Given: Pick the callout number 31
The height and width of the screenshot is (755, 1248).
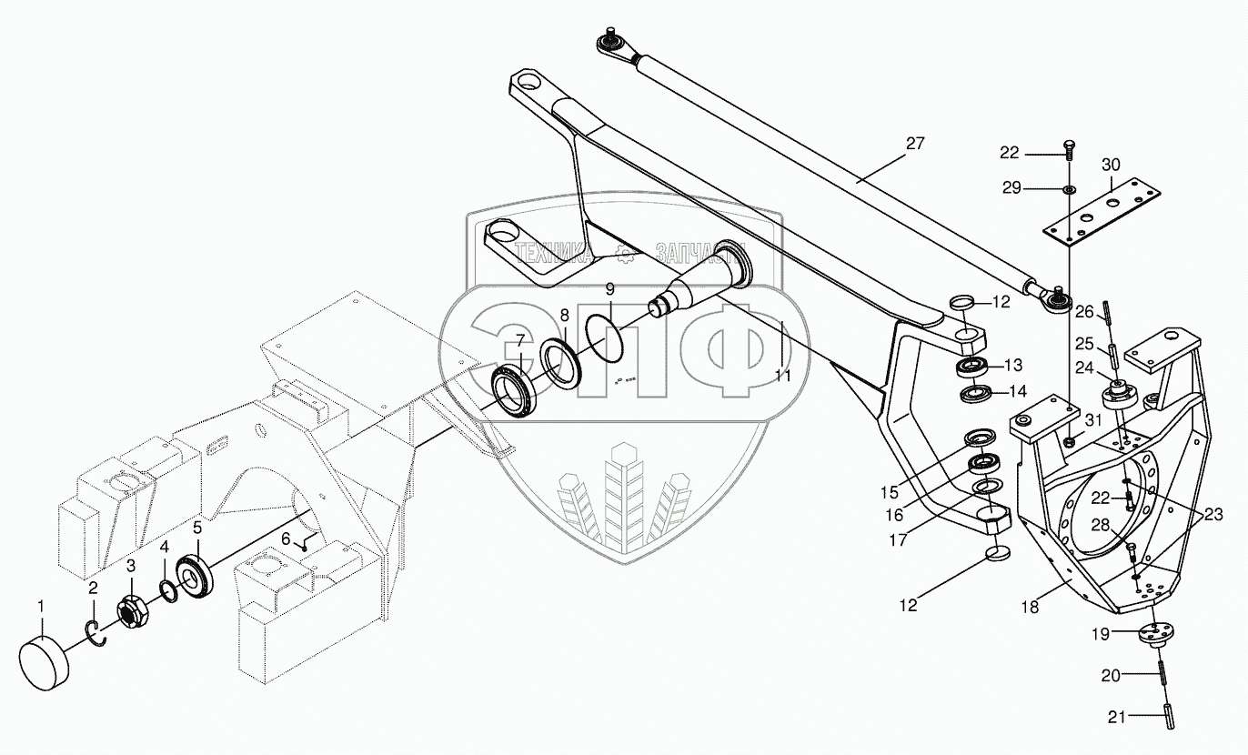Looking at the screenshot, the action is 1092,420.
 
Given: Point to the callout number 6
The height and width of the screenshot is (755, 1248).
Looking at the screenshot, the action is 286,539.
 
